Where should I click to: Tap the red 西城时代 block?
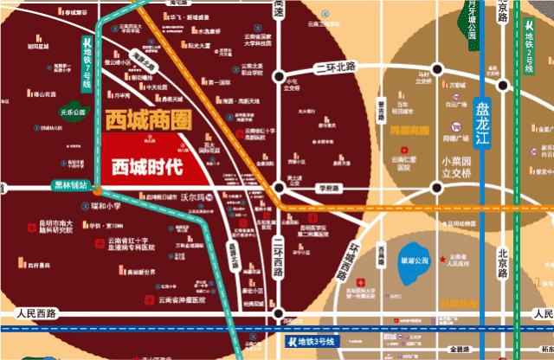[147, 165]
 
